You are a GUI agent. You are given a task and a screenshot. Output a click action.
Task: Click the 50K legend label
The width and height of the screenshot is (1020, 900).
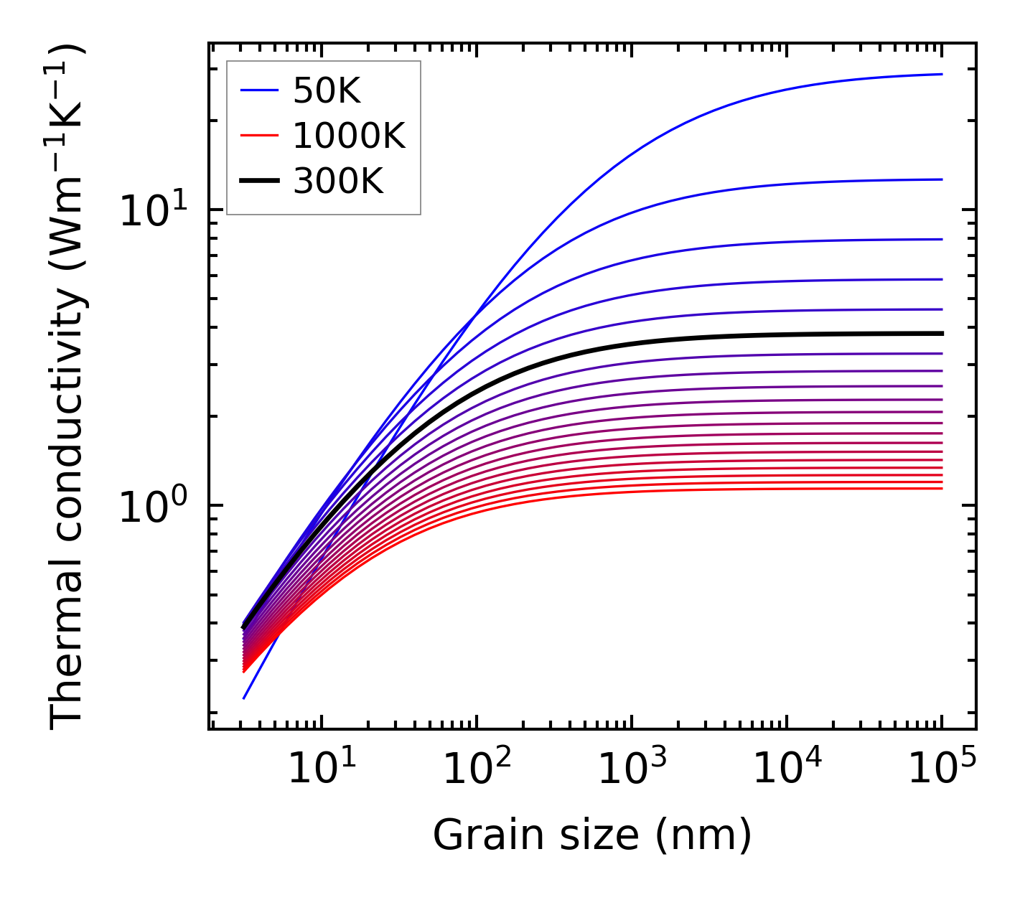(327, 91)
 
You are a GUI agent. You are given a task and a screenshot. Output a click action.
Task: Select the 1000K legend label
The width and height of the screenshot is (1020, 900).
(349, 136)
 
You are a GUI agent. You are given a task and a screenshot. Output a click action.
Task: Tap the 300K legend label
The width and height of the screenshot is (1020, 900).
(338, 182)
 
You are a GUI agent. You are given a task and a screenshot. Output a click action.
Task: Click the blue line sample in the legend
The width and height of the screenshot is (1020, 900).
(259, 90)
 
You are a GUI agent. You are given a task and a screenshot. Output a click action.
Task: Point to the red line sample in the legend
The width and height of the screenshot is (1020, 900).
(259, 136)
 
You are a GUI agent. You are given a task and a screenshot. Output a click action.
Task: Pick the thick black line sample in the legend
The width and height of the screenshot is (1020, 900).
(259, 182)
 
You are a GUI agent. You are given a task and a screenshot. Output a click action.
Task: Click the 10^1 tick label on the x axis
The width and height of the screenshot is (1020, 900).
(321, 769)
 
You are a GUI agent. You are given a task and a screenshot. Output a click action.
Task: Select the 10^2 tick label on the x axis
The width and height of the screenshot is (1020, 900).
(476, 769)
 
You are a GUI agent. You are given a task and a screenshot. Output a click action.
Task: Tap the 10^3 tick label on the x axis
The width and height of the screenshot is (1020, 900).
(631, 769)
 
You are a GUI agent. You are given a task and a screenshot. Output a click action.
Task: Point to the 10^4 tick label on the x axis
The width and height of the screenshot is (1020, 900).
(786, 769)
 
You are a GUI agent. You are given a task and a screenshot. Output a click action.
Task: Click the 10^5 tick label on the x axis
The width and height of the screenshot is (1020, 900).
(941, 769)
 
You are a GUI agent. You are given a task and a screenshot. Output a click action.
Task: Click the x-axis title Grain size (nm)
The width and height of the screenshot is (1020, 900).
(592, 835)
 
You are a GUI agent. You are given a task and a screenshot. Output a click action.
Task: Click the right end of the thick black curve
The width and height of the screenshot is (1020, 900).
(941, 334)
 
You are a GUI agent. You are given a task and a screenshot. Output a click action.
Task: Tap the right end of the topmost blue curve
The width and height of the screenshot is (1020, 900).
(941, 74)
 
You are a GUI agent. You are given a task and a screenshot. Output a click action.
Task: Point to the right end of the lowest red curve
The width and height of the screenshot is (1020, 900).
(941, 489)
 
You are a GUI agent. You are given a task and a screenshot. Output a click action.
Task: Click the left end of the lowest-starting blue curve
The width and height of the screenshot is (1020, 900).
(244, 698)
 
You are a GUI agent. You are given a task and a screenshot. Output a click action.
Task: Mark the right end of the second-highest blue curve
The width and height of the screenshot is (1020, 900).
(941, 179)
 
